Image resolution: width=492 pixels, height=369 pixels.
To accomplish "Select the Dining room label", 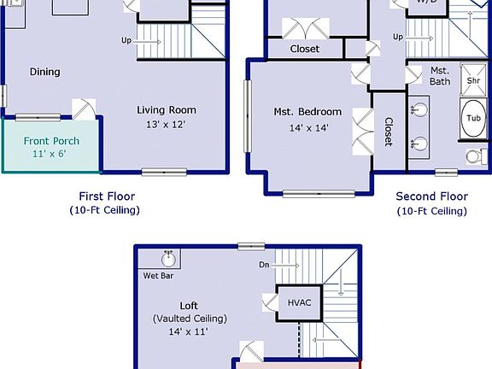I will click(x=44, y=72).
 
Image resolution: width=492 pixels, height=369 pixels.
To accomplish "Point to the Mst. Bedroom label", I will click(x=307, y=112).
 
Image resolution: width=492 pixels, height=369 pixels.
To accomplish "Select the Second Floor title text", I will click(x=431, y=196).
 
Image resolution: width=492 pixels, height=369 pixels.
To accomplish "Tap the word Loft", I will click(x=189, y=305).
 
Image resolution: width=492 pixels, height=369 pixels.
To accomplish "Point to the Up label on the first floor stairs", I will click(x=126, y=40).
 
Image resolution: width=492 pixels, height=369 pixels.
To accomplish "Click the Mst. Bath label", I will click(x=440, y=76).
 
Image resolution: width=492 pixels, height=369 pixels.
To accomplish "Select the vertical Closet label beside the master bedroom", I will click(x=388, y=131).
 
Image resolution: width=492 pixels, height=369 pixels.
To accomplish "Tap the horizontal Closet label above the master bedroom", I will click(x=304, y=49).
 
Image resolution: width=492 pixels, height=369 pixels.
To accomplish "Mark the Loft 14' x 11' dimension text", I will click(x=189, y=331).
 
